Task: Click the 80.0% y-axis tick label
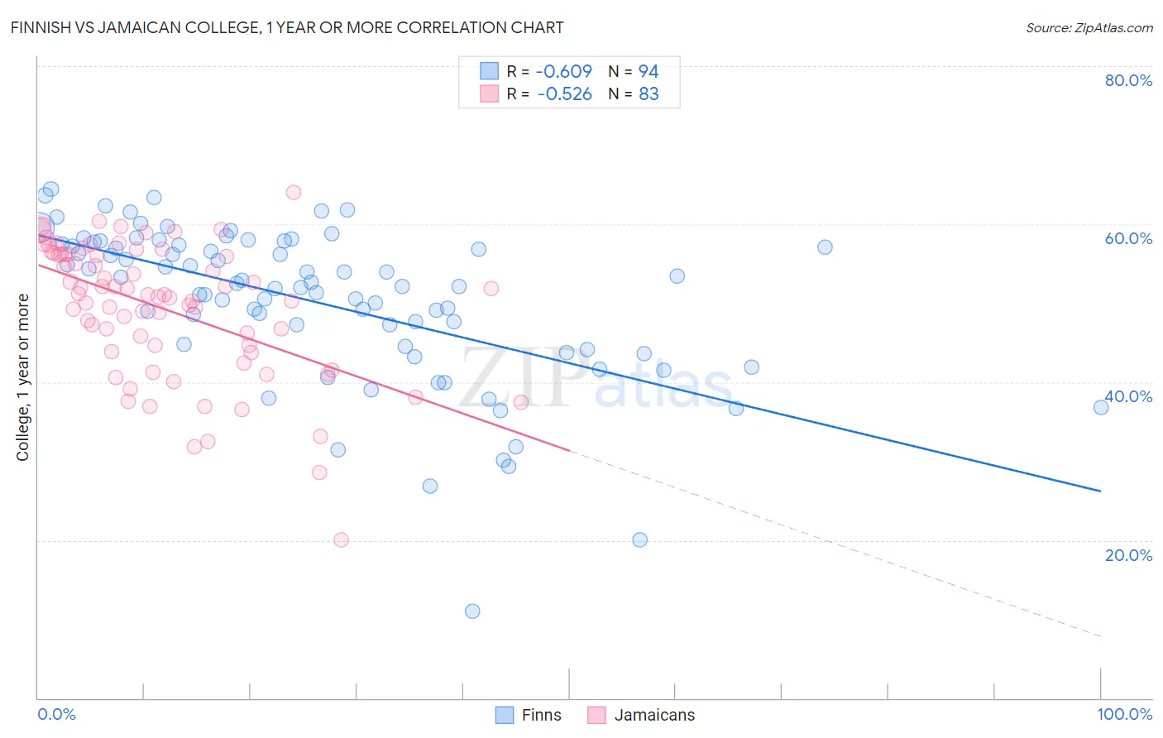1128,80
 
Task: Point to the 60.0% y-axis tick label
1128,238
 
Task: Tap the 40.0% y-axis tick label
1128,396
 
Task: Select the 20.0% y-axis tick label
1128,555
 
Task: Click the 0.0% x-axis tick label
56,714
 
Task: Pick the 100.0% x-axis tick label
1124,714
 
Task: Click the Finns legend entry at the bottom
529,715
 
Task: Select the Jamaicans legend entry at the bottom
642,715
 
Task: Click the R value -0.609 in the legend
564,71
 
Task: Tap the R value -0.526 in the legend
564,94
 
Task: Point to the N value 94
649,71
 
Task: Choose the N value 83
649,94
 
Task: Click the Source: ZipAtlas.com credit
1089,27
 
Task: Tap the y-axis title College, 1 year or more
23,377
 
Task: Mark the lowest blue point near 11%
472,611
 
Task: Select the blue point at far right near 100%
1101,407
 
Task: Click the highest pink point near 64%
293,192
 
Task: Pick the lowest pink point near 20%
341,539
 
